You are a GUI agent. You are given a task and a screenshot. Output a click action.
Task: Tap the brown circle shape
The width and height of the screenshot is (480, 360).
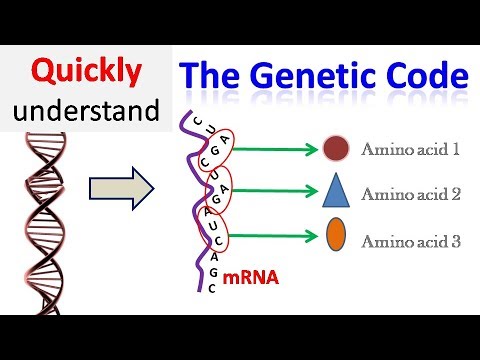(x=336, y=151)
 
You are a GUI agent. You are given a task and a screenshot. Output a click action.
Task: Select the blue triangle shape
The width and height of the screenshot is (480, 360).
(x=336, y=192)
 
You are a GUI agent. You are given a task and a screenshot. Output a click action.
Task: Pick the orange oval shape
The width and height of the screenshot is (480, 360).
(x=336, y=240)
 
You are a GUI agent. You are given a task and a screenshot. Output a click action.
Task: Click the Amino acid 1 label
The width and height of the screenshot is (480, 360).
(x=410, y=151)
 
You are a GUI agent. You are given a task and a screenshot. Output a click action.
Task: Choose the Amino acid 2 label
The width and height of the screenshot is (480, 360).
(x=410, y=194)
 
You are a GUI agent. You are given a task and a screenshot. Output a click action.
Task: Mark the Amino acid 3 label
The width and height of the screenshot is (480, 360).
(x=410, y=240)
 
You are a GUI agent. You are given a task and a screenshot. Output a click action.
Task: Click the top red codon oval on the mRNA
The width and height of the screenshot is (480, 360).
(x=226, y=148)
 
